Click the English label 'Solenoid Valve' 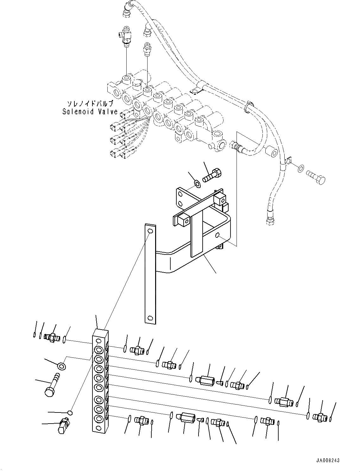(90, 111)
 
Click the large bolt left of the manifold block (52, 385)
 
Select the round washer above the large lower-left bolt (61, 366)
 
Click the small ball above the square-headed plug (71, 412)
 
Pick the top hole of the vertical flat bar (150, 231)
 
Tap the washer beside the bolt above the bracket (197, 183)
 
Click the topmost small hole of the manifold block (99, 341)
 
